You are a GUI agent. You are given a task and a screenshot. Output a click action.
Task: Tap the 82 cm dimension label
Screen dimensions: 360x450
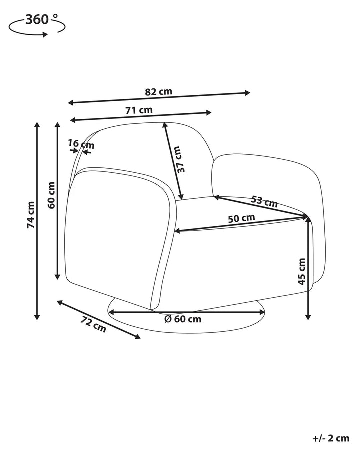159,92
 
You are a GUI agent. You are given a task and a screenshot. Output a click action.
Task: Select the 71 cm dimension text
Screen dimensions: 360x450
139,110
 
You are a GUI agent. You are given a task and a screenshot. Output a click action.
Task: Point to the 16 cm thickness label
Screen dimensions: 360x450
81,144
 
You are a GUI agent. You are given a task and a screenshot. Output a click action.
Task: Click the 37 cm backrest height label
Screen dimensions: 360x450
180,159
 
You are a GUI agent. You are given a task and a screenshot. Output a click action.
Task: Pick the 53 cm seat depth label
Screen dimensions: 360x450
264,201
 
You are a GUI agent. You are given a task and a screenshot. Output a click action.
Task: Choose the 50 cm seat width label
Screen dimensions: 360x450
241,218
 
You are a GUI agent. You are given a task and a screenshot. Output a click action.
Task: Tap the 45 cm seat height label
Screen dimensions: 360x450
302,271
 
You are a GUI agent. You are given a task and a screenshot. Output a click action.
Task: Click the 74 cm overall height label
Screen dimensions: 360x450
30,215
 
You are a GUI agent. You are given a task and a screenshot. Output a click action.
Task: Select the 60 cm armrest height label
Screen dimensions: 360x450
51,195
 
